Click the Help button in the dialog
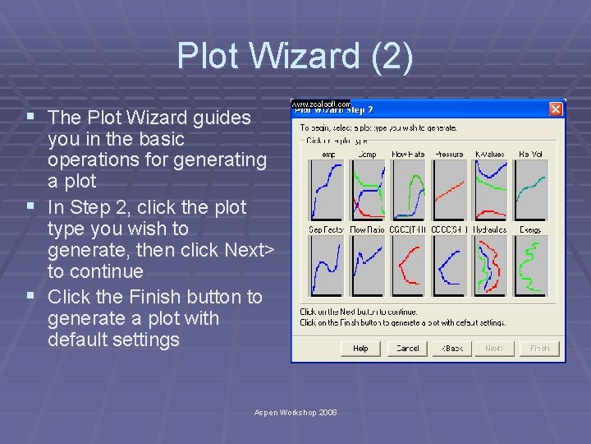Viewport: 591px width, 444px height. click(x=360, y=348)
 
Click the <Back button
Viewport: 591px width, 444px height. click(x=452, y=348)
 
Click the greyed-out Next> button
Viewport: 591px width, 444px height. click(x=494, y=348)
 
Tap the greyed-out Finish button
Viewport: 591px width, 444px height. click(x=539, y=348)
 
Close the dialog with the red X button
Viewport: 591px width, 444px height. click(x=556, y=109)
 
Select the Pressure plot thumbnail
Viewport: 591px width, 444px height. click(x=449, y=190)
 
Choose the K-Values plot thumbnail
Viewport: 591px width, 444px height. click(x=490, y=190)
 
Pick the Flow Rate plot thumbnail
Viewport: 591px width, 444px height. click(x=408, y=190)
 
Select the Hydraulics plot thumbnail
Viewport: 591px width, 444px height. click(x=490, y=266)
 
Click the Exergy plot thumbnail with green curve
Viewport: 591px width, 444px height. click(x=531, y=266)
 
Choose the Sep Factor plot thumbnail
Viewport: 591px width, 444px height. click(x=326, y=266)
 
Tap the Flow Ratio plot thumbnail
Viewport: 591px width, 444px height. click(x=367, y=266)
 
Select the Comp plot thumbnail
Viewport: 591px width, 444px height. click(x=367, y=190)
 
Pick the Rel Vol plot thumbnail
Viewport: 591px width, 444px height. click(x=531, y=190)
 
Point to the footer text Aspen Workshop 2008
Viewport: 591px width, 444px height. click(x=295, y=411)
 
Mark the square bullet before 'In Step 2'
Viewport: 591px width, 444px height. click(x=30, y=206)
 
